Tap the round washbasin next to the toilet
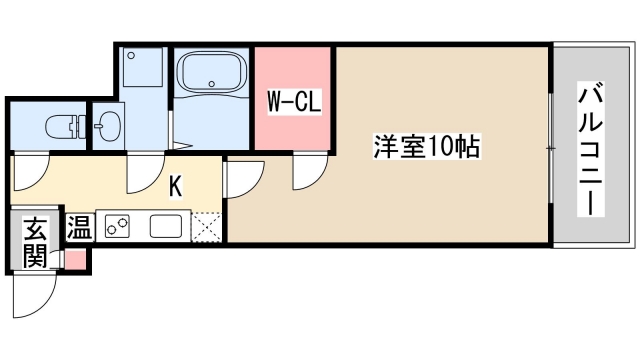click(108, 127)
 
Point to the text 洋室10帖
click(427, 148)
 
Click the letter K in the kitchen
click(175, 185)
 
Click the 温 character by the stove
click(78, 227)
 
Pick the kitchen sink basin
click(166, 227)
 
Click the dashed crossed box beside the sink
click(207, 227)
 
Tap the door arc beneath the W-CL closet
click(306, 173)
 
